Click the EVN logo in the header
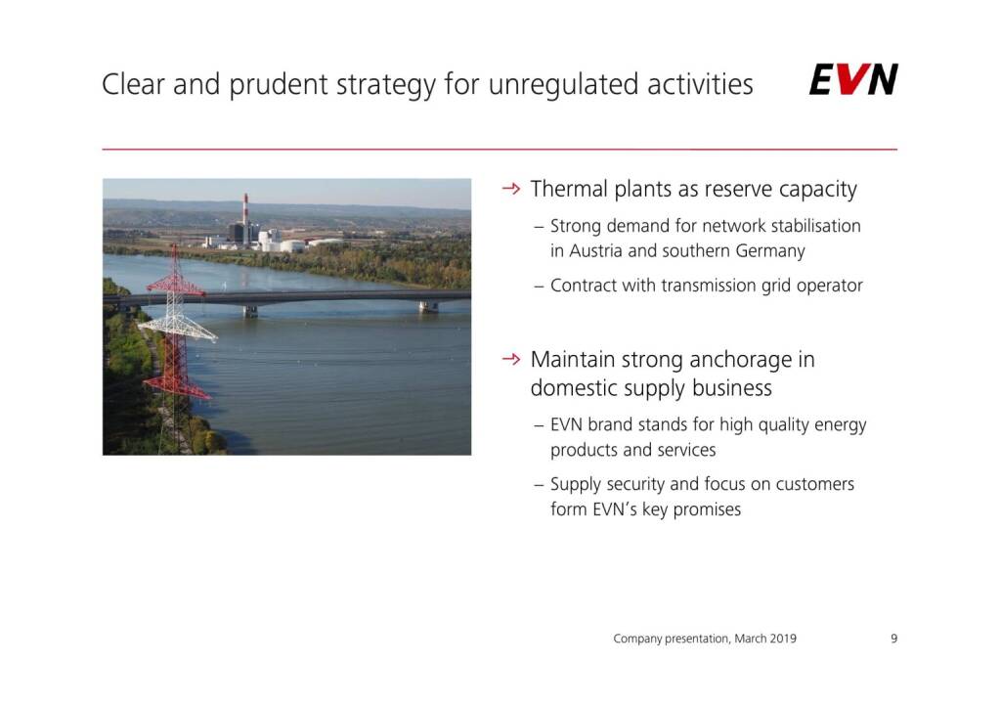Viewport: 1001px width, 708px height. (852, 79)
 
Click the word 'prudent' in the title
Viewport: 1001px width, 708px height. (278, 85)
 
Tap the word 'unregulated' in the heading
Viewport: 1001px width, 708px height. (563, 85)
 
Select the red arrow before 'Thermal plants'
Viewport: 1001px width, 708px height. (510, 189)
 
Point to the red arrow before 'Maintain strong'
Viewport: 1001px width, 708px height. (510, 359)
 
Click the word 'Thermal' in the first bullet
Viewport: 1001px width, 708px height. (569, 189)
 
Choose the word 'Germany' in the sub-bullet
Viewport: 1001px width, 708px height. (770, 251)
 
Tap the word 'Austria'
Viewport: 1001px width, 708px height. (595, 251)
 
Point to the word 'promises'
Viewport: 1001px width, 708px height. (707, 510)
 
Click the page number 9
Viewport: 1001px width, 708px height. (893, 639)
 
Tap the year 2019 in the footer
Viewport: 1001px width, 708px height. (783, 639)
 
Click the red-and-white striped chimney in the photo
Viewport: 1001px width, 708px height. (245, 218)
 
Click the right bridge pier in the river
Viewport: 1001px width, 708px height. (428, 306)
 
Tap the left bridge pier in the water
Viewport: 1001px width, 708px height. (250, 311)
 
